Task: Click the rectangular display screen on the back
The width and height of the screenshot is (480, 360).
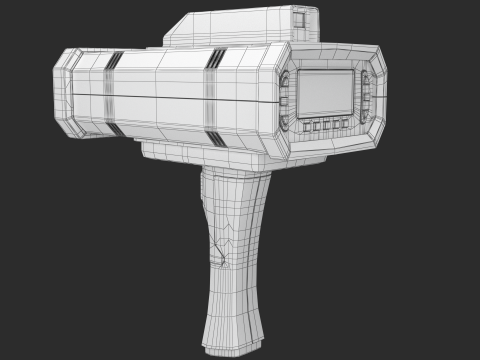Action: point(326,92)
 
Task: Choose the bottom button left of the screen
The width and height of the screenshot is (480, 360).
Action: point(287,119)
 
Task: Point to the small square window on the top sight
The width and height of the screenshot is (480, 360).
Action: point(301,18)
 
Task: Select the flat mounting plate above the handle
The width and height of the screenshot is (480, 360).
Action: point(200,153)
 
